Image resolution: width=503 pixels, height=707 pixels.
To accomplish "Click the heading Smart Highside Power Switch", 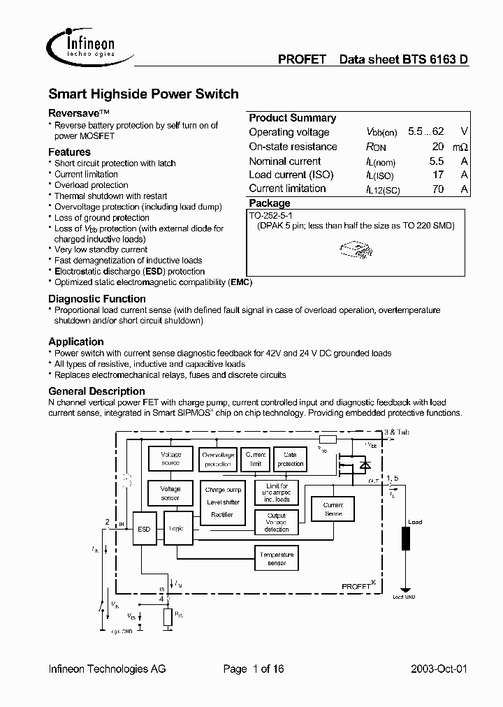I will pos(143,94).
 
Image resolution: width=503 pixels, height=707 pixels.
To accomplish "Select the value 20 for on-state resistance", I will pos(437,147).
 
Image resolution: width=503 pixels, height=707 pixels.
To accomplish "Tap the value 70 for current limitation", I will pos(437,189).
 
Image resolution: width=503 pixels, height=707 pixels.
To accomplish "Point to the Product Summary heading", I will pos(292,118).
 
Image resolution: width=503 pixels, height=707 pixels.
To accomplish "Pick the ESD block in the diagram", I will pos(144,529).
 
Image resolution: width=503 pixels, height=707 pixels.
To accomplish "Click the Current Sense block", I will pos(333,509).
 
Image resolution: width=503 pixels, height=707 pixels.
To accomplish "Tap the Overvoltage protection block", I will pos(217,459).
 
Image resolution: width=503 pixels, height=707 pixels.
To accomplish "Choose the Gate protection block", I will pos(290,459).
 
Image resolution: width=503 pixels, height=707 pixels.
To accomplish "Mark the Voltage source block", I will pos(170,459).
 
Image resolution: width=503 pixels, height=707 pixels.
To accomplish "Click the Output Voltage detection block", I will pos(277,522).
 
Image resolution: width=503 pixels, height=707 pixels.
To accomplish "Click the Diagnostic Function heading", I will pos(97,298).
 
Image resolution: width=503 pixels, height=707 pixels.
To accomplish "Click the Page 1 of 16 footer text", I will pos(253,669).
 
